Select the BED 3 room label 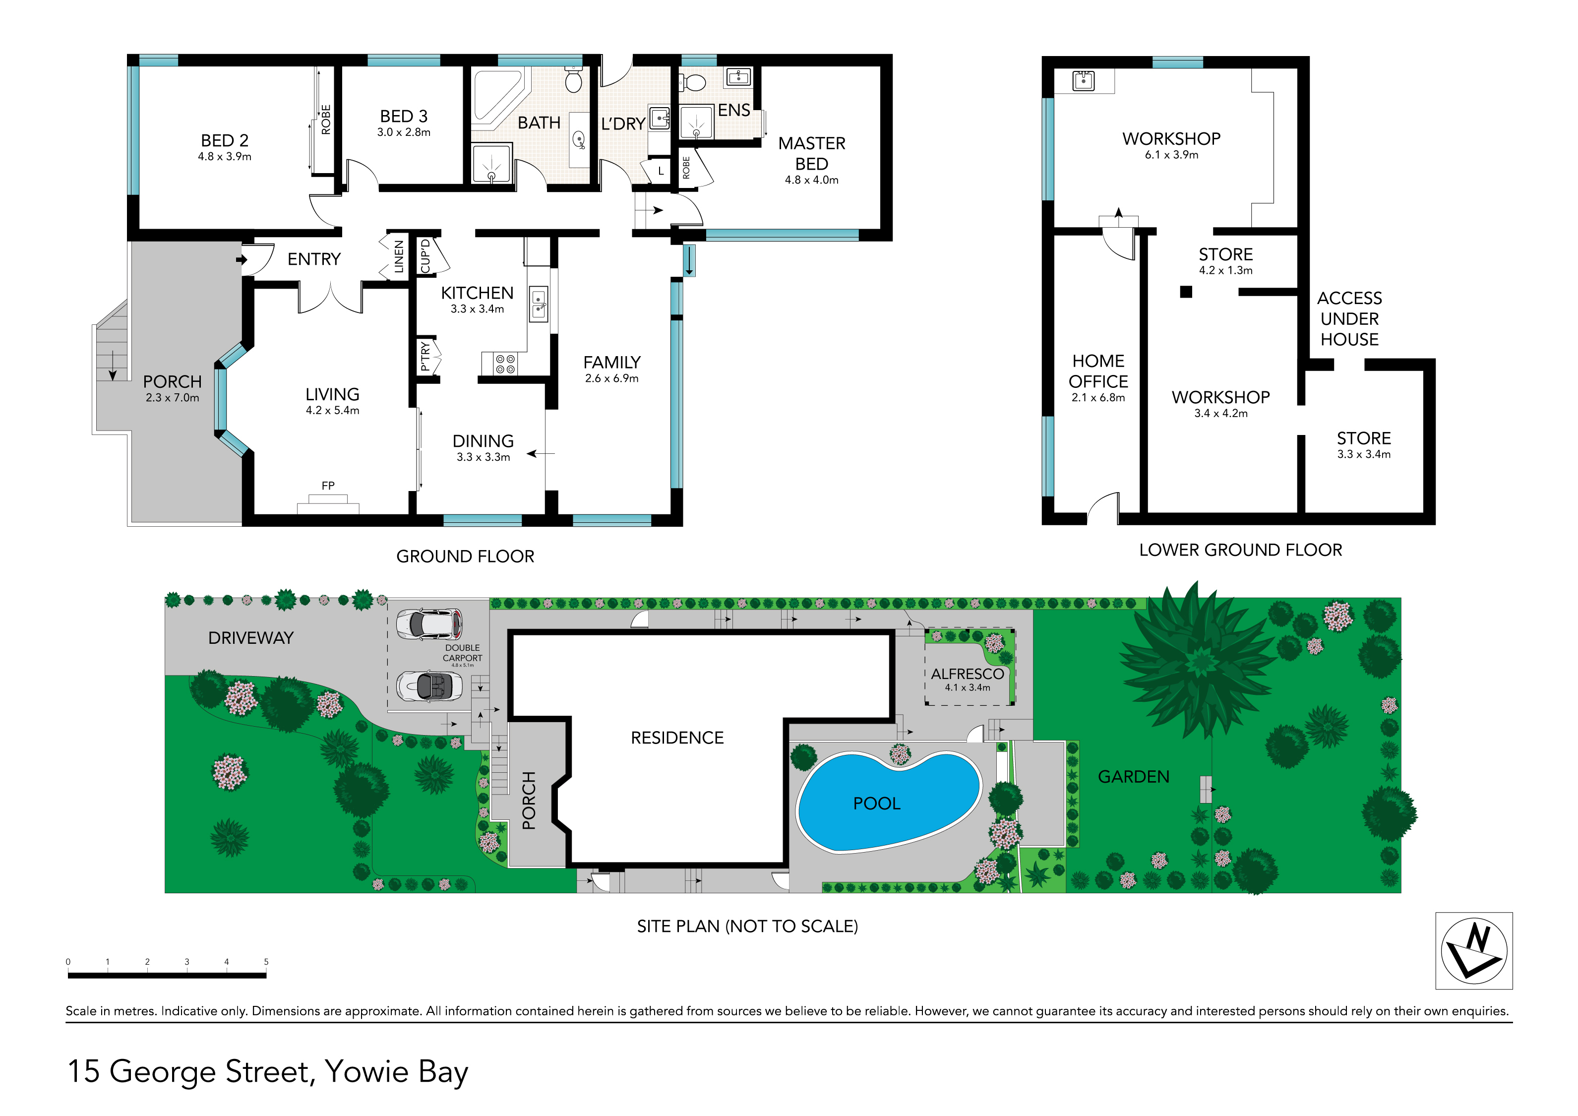404,116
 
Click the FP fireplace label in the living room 328,486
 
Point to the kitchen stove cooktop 505,364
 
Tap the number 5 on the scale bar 266,961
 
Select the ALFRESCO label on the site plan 967,674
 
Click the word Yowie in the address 366,1071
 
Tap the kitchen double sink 539,303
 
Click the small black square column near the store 1186,291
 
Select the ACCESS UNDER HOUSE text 1349,319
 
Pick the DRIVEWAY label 251,638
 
